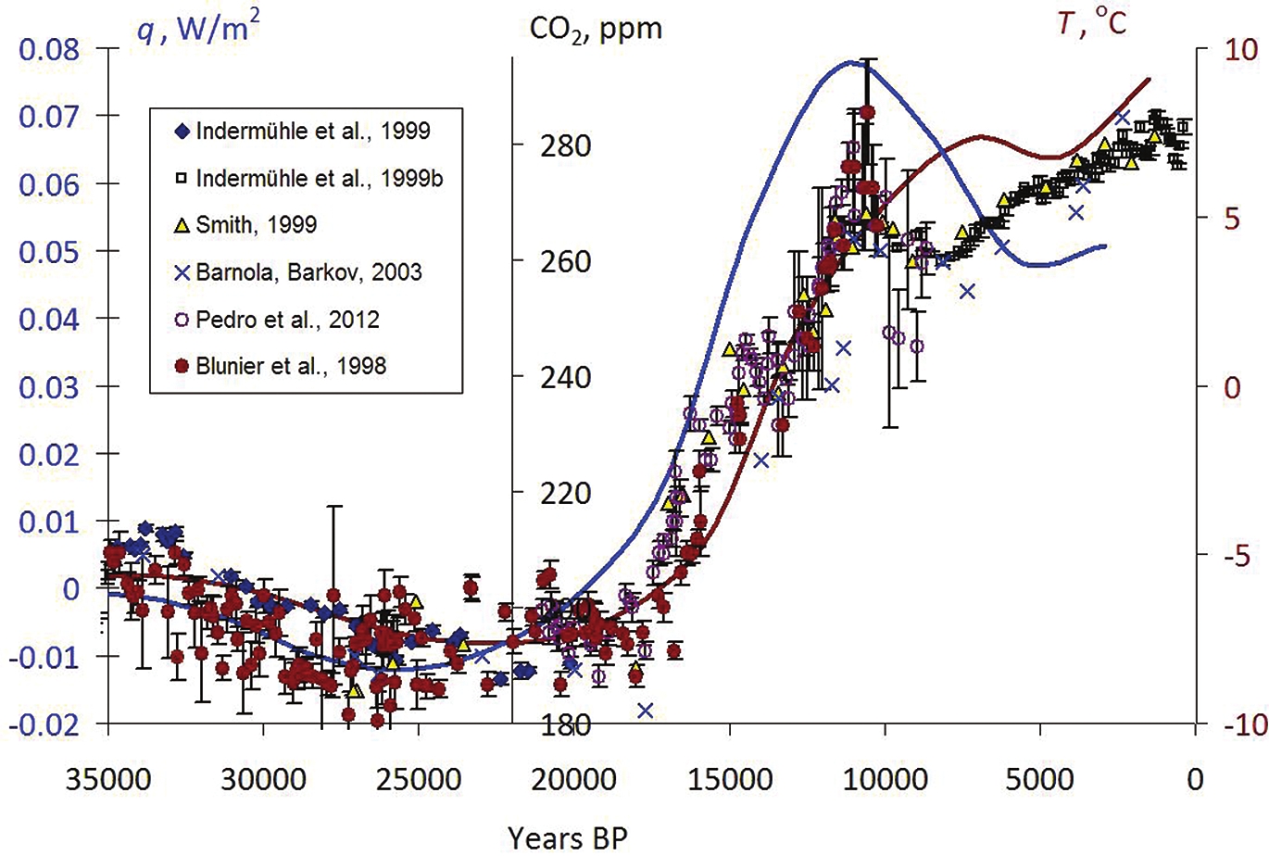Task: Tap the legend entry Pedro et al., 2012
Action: pos(287,319)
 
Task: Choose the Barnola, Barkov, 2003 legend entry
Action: pos(308,271)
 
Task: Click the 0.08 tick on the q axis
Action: pos(50,48)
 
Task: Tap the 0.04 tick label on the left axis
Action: pos(50,319)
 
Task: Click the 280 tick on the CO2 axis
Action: pos(560,145)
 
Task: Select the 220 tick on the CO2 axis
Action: pos(560,492)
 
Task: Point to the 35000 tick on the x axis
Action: pos(108,778)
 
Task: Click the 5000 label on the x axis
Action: pos(1040,778)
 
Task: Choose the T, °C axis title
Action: pos(1092,22)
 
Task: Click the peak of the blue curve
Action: pos(850,63)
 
